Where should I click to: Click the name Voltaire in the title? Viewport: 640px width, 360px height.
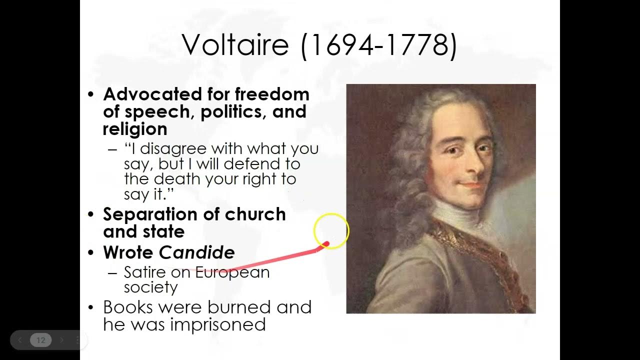point(235,45)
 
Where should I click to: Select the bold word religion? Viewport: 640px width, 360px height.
point(134,129)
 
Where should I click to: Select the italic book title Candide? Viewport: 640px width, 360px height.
point(196,252)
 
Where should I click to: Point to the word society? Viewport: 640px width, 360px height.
point(150,287)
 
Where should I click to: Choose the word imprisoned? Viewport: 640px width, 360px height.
point(217,324)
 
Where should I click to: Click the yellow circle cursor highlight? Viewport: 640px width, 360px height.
point(331,230)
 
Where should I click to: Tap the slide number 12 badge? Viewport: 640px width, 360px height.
point(40,340)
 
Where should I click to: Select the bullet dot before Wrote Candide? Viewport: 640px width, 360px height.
point(90,253)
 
